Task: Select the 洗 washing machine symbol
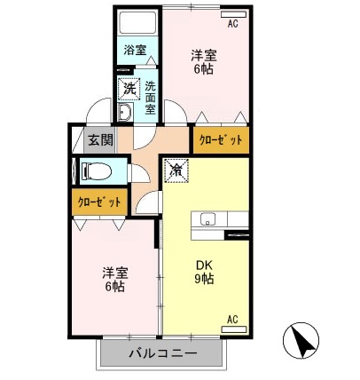[x=129, y=89]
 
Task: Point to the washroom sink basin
[x=125, y=113]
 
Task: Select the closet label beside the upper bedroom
[x=218, y=140]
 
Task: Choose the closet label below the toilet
[x=98, y=202]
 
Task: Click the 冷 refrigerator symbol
[x=176, y=169]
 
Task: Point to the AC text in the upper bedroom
[x=232, y=25]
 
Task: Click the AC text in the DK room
[x=233, y=319]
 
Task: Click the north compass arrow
[x=299, y=342]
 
